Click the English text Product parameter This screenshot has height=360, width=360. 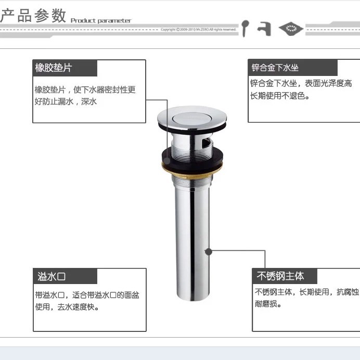101,21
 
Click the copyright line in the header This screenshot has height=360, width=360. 198,30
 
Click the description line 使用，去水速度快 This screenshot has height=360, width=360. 67,307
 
